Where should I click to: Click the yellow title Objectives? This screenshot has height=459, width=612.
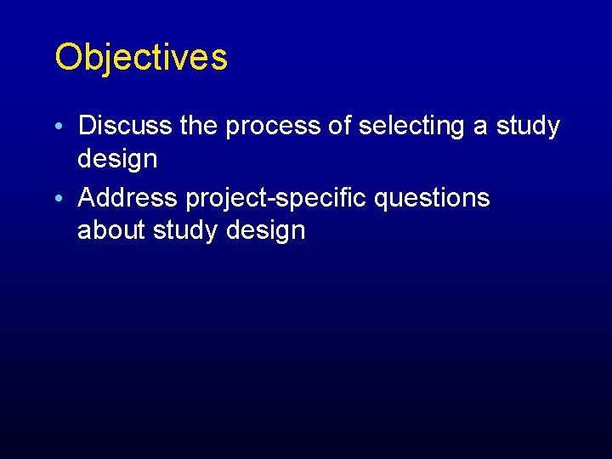[141, 58]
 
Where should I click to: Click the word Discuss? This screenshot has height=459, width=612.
[127, 126]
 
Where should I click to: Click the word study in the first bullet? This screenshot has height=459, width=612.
[528, 127]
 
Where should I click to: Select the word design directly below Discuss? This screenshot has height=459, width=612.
[117, 159]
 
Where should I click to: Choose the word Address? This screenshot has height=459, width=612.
[127, 197]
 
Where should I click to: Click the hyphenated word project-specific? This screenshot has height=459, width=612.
[276, 198]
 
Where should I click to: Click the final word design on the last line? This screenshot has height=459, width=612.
[264, 231]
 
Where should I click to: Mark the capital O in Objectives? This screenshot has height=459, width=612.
[67, 58]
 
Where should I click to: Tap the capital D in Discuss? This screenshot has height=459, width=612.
[86, 126]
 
